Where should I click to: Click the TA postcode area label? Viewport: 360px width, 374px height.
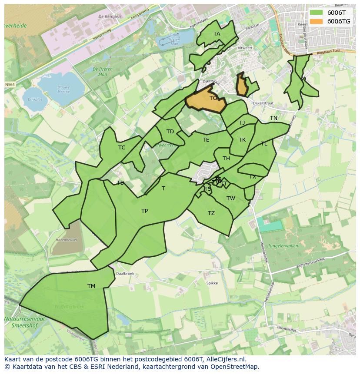217,34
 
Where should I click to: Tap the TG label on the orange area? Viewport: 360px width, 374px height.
213,98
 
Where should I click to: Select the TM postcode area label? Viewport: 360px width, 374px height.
91,286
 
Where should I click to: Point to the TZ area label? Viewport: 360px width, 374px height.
211,213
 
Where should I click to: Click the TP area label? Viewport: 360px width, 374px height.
144,212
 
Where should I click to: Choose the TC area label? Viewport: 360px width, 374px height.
122,148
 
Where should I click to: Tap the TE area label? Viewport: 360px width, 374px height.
206,140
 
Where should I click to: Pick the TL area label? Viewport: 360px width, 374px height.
264,144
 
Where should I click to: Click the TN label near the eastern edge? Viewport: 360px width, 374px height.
273,118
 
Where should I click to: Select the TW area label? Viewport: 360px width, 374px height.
230,199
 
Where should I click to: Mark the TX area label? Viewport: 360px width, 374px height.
253,177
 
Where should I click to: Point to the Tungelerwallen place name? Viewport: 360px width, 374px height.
283,246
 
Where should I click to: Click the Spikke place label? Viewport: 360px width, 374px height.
212,283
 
